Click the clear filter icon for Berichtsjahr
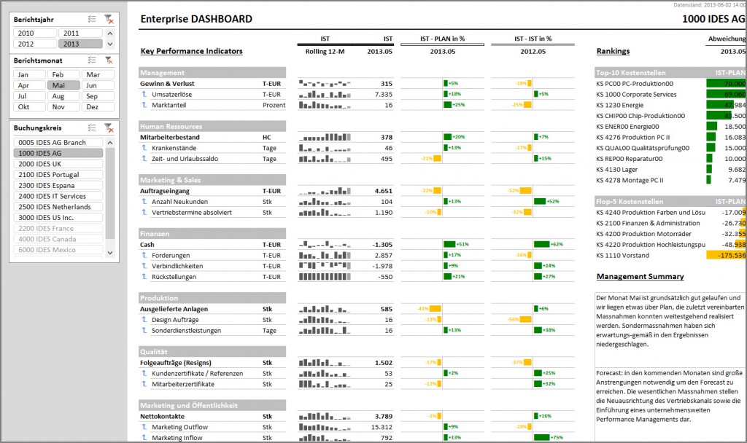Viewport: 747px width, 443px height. pyautogui.click(x=109, y=19)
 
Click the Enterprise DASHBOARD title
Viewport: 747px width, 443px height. pyautogui.click(x=196, y=20)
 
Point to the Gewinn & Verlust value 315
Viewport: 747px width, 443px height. pyautogui.click(x=386, y=84)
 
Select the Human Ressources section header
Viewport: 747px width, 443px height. pyautogui.click(x=172, y=127)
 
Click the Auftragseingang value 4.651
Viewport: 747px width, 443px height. pyautogui.click(x=383, y=191)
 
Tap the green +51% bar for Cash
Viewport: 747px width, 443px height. pyautogui.click(x=449, y=245)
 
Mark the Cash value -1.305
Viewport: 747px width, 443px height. pyautogui.click(x=382, y=245)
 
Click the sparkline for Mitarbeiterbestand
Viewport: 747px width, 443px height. pyautogui.click(x=325, y=138)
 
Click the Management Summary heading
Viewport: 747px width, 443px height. pyautogui.click(x=640, y=277)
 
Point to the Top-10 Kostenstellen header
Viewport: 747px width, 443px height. pyautogui.click(x=629, y=73)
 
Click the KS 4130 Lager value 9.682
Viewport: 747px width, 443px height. pyautogui.click(x=732, y=169)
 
